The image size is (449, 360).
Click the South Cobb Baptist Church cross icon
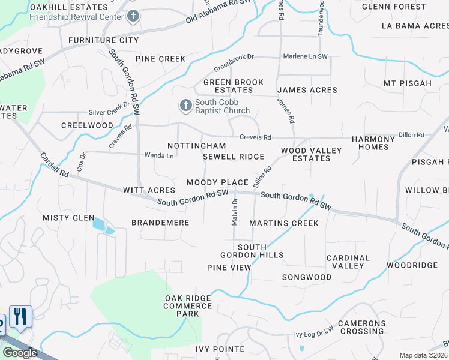click(186, 106)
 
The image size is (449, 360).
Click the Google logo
click(20, 353)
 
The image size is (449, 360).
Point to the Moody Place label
click(217, 182)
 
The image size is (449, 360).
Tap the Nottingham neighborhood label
click(196, 146)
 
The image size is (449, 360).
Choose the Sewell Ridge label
click(234, 157)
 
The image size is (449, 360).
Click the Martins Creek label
click(283, 223)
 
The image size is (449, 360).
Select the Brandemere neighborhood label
click(160, 223)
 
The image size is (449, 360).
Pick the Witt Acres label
click(149, 190)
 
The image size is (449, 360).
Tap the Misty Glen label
click(68, 218)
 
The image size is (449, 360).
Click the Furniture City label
click(103, 40)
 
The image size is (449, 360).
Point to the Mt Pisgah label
click(408, 83)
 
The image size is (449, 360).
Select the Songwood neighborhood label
click(307, 277)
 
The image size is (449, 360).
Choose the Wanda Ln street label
click(159, 155)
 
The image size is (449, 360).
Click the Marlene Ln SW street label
click(306, 56)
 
